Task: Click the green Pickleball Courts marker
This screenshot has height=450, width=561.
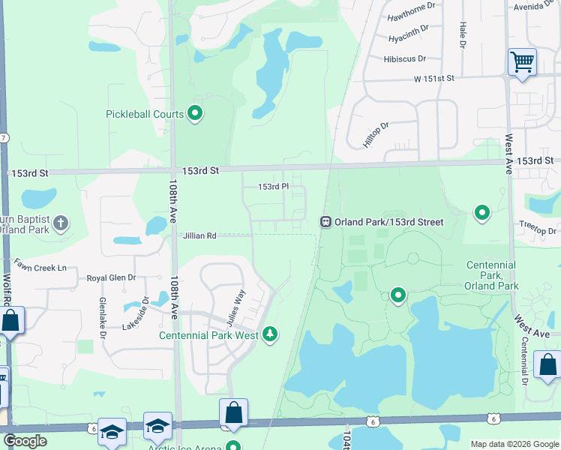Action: click(x=196, y=114)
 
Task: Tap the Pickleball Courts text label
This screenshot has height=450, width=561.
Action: click(x=145, y=115)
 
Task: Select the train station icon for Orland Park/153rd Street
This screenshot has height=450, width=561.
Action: click(x=326, y=222)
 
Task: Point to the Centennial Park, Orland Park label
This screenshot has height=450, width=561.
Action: click(x=491, y=275)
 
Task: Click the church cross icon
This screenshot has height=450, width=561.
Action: click(x=61, y=222)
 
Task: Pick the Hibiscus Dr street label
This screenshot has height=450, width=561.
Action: click(x=404, y=58)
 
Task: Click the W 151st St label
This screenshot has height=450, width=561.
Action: click(x=434, y=78)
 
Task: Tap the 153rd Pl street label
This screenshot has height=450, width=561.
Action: click(x=273, y=187)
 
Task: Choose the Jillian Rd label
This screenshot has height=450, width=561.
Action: click(x=199, y=236)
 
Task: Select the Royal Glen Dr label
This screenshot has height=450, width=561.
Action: click(x=111, y=277)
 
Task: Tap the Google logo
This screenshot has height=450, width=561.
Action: click(x=25, y=441)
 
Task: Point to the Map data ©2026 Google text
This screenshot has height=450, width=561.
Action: click(x=514, y=443)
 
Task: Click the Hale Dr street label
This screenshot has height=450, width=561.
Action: click(x=463, y=34)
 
